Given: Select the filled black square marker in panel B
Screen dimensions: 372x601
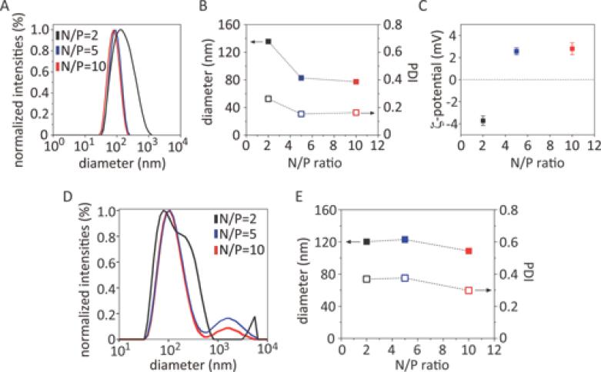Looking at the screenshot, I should click(x=269, y=41).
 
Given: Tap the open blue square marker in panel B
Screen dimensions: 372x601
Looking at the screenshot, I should click(x=301, y=114).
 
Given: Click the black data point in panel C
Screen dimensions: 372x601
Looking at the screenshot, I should click(x=483, y=121).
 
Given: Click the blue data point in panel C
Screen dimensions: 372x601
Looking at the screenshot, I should click(x=516, y=51).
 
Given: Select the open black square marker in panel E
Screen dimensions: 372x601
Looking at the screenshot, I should click(x=366, y=279).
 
